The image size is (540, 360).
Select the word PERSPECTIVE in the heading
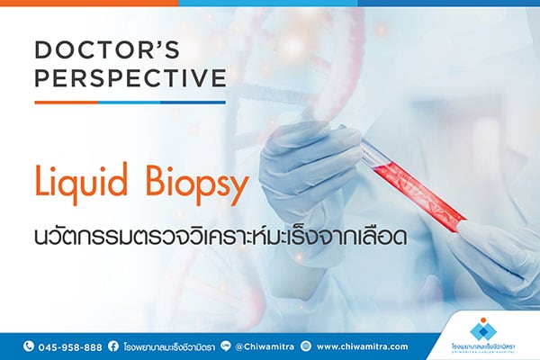click(x=130, y=78)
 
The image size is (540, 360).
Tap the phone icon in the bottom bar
click(x=28, y=346)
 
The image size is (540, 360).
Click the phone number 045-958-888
click(x=69, y=346)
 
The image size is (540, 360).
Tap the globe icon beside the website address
click(x=306, y=346)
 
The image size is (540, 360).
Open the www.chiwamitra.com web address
click(x=362, y=346)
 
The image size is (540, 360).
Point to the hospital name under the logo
click(x=484, y=348)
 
